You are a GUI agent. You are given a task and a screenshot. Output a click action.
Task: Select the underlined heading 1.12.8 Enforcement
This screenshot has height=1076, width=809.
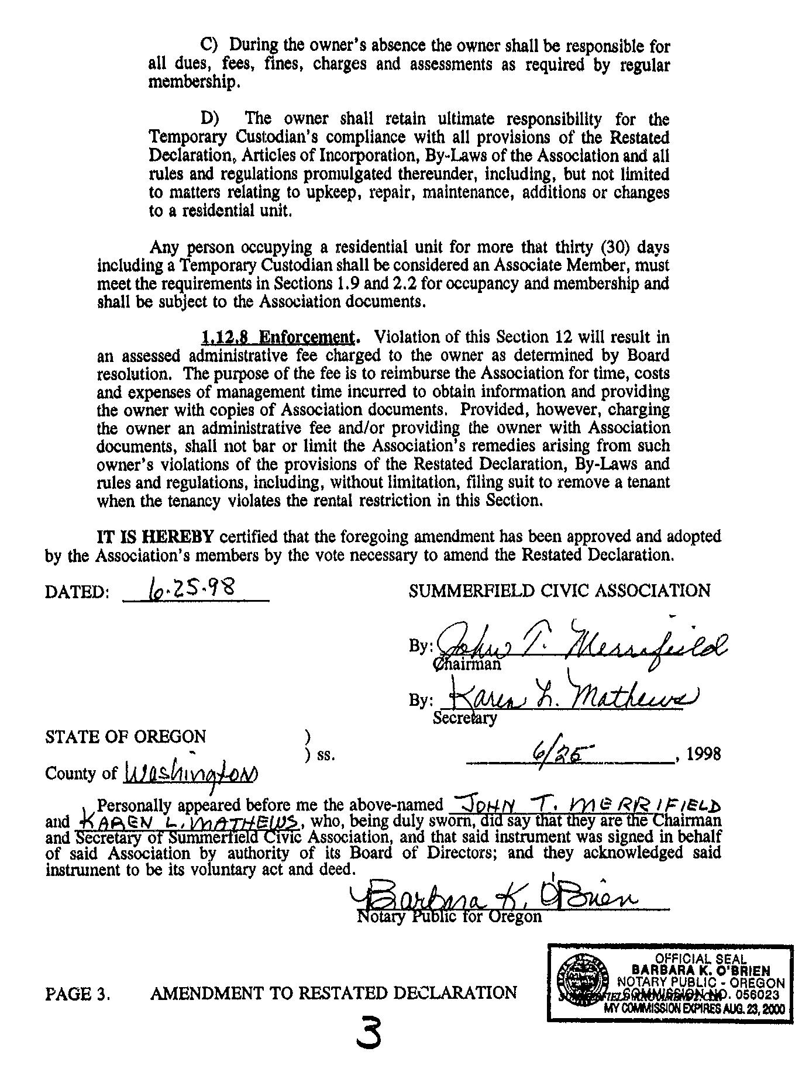(278, 337)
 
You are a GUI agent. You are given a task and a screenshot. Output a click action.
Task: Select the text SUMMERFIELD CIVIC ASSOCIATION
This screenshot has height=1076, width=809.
(560, 591)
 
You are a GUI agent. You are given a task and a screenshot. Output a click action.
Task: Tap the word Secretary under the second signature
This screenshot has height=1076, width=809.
(464, 718)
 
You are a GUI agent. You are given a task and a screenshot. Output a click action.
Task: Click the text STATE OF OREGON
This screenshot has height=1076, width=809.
(125, 736)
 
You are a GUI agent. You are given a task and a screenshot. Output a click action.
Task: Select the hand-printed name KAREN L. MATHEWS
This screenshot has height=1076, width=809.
(190, 822)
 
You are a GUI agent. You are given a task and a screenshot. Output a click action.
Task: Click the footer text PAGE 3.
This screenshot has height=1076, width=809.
(78, 994)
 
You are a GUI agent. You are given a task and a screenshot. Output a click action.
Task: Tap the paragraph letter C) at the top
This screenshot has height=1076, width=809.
(209, 45)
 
